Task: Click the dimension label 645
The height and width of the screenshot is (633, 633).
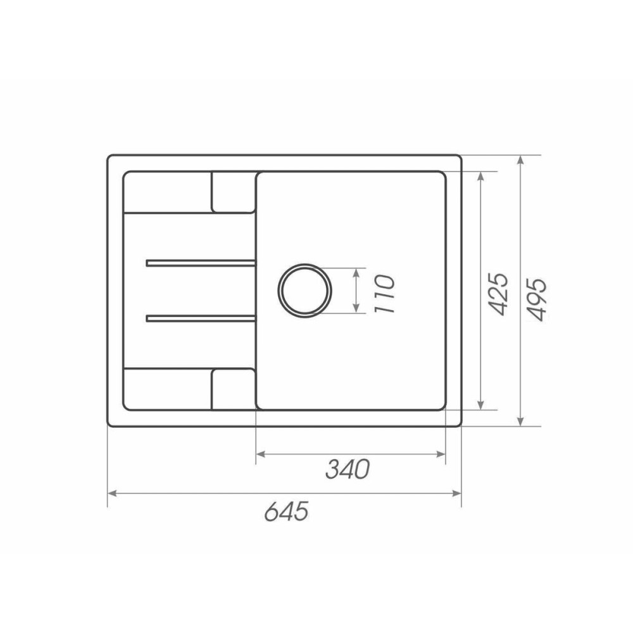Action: (x=287, y=511)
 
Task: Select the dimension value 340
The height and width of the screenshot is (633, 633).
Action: (x=348, y=469)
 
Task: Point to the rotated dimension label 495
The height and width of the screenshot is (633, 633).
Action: (x=537, y=299)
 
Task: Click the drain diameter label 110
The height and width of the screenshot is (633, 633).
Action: (x=384, y=294)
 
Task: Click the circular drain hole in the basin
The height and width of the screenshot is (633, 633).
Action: (x=305, y=291)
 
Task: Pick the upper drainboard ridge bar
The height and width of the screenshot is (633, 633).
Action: (x=201, y=263)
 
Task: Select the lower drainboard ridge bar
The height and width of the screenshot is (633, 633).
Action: (x=201, y=319)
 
